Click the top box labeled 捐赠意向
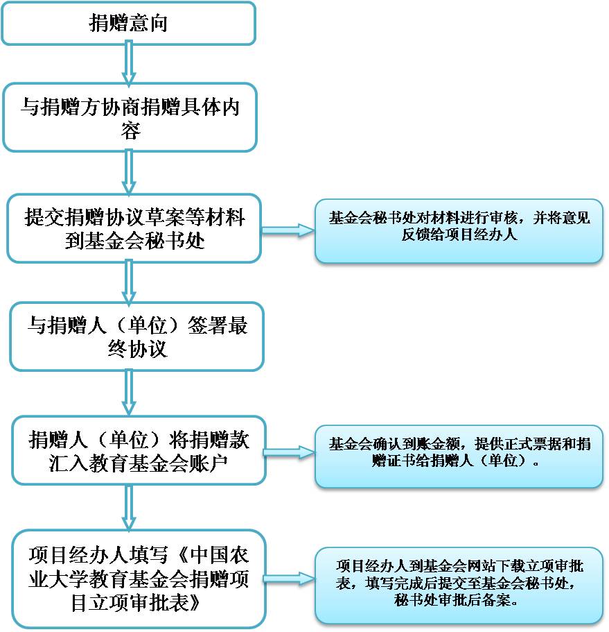tap(128, 23)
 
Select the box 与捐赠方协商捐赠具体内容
tap(130, 117)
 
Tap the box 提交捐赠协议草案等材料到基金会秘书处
tap(134, 228)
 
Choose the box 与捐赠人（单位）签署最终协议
tap(137, 336)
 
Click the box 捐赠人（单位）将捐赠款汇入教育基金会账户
tap(139, 450)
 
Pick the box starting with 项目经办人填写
tap(139, 579)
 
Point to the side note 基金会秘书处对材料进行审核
tap(459, 231)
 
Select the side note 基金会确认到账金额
tap(459, 456)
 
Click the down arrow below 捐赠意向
tap(128, 64)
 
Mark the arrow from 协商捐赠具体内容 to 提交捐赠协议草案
tap(128, 173)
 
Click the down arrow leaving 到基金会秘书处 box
tap(128, 282)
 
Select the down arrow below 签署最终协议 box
tap(128, 393)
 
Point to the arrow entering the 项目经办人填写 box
tap(128, 507)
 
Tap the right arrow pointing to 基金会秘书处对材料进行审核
tap(288, 230)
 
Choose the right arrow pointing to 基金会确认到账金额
tap(290, 452)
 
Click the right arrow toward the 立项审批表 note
tap(290, 579)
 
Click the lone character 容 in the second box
tap(131, 130)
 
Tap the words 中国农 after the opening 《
tap(220, 555)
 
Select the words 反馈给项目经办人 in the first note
tap(459, 234)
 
